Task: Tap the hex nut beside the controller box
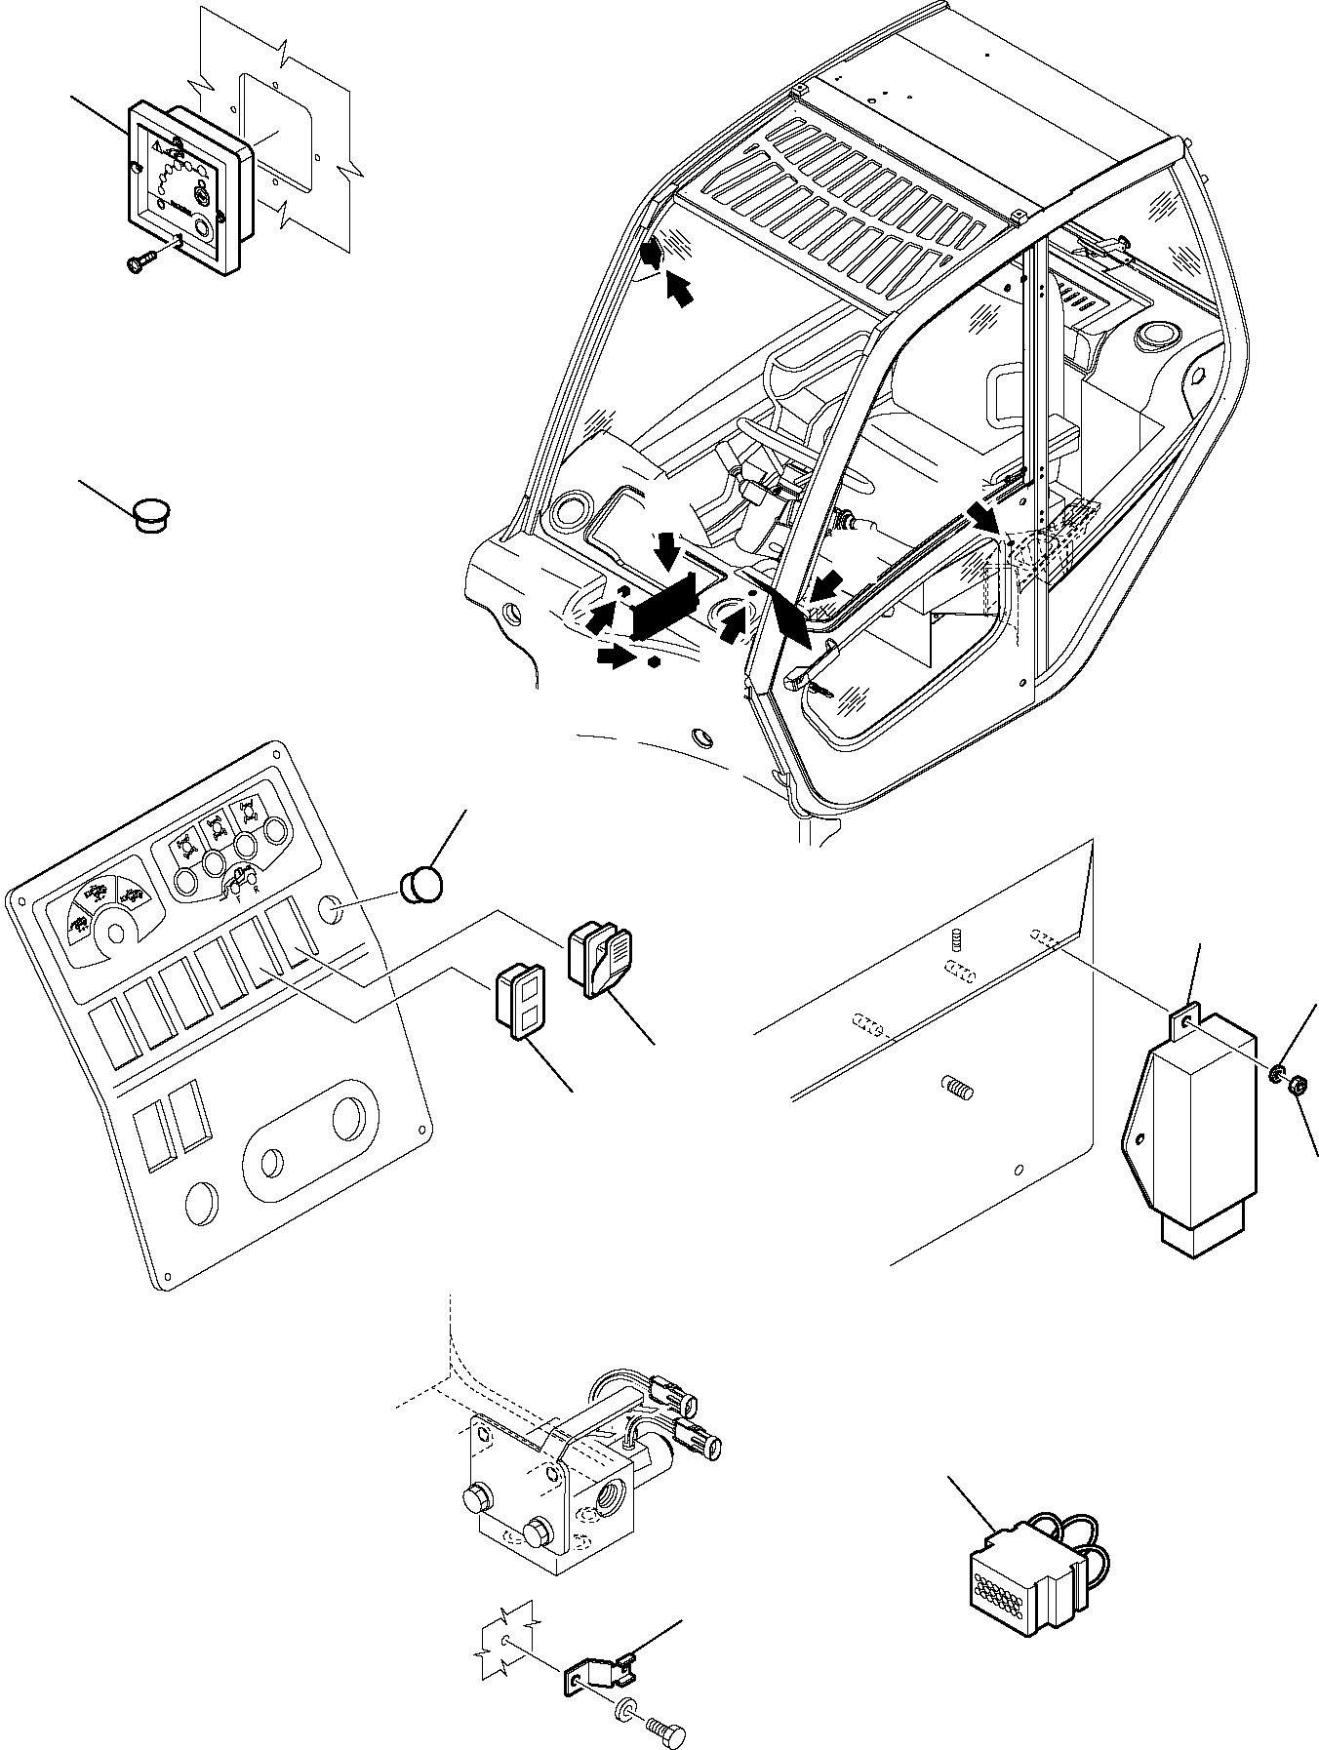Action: (1297, 1085)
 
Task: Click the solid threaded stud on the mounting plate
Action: (959, 1088)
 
